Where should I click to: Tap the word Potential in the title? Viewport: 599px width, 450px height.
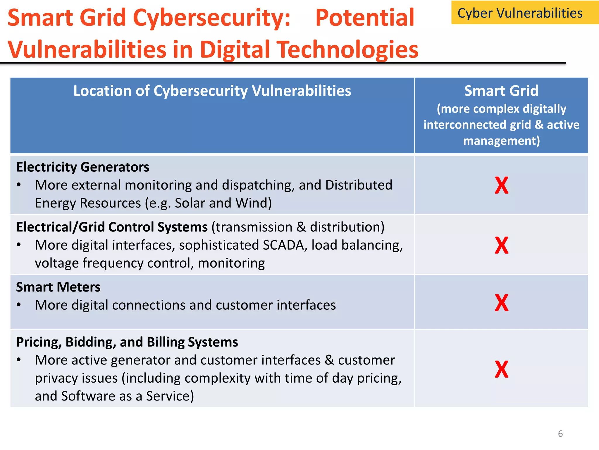[x=365, y=18]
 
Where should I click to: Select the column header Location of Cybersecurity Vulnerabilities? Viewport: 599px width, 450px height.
[x=212, y=91]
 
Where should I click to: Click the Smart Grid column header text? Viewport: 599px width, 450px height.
[x=501, y=91]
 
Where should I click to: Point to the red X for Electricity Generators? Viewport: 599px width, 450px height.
[x=501, y=185]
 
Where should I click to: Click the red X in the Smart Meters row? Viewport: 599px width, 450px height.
[x=501, y=303]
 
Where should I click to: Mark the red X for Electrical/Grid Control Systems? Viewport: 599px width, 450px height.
[x=501, y=246]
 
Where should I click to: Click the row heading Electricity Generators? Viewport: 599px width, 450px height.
[x=83, y=167]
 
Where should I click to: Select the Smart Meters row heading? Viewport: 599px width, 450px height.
[x=58, y=287]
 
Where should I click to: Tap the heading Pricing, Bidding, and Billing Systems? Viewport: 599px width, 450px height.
[x=127, y=342]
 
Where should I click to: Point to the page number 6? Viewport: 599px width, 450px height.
[x=560, y=434]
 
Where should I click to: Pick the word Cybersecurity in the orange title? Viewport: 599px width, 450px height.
[x=211, y=18]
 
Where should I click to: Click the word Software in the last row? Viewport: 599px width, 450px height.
[x=88, y=396]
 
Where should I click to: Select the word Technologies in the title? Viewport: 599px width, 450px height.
[x=348, y=50]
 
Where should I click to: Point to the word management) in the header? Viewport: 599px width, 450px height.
[x=501, y=141]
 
